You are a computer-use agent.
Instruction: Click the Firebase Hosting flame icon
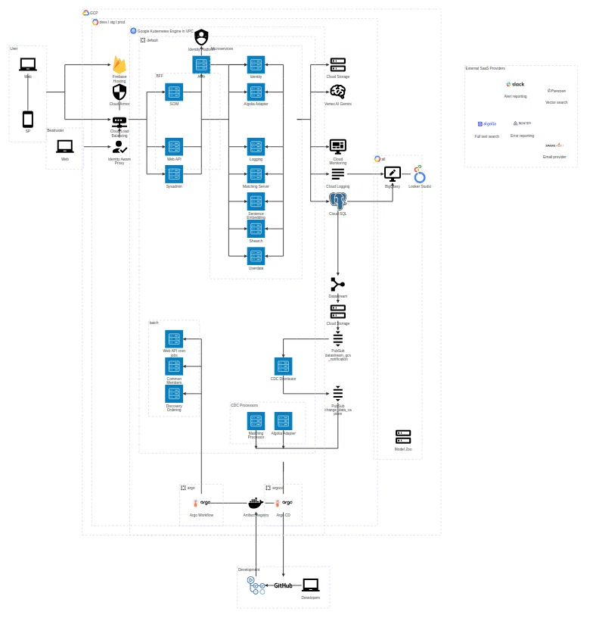click(120, 65)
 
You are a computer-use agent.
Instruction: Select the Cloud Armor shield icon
click(120, 92)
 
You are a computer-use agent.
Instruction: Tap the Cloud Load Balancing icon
click(120, 122)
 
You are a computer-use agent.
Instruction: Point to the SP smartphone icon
click(28, 120)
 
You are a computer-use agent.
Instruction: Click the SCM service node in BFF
click(174, 92)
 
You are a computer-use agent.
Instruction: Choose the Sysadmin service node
click(174, 174)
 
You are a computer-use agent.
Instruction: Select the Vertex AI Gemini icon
click(337, 92)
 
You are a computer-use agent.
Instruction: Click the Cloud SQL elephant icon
click(337, 201)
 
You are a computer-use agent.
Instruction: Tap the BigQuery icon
click(392, 174)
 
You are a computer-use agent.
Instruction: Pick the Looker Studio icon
click(419, 174)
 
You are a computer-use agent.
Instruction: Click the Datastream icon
click(337, 285)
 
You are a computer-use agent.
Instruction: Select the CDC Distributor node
click(283, 367)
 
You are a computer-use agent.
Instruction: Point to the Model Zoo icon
click(403, 437)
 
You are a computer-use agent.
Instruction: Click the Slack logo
click(515, 84)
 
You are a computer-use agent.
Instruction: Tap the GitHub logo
click(283, 585)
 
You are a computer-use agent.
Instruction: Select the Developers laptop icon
click(310, 585)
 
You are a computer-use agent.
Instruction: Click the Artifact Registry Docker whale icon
click(256, 504)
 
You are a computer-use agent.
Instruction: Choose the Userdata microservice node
click(256, 256)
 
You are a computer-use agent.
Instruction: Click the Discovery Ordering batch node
click(174, 394)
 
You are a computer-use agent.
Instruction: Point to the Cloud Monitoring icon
click(337, 146)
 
